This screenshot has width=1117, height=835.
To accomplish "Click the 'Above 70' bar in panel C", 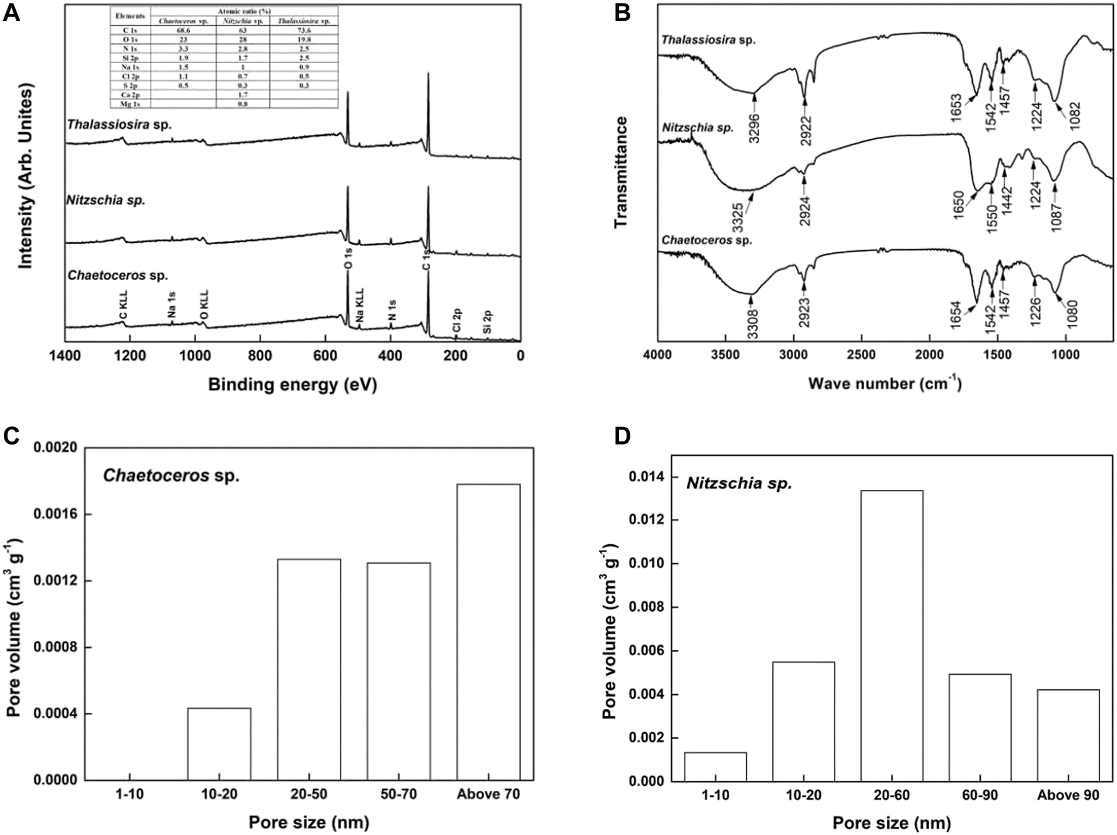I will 489,631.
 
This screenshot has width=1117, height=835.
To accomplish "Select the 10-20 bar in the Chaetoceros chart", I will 219,744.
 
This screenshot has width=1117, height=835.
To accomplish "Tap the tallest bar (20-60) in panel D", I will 891,636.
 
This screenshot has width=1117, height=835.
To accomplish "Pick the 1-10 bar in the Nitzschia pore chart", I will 715,766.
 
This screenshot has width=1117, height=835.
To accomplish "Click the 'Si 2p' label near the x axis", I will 487,321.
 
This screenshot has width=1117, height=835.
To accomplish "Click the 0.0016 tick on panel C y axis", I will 55,515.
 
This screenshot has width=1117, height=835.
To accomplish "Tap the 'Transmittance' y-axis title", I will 622,172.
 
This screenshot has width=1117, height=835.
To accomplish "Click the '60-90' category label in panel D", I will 980,795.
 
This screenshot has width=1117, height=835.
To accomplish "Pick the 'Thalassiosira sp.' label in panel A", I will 120,125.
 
